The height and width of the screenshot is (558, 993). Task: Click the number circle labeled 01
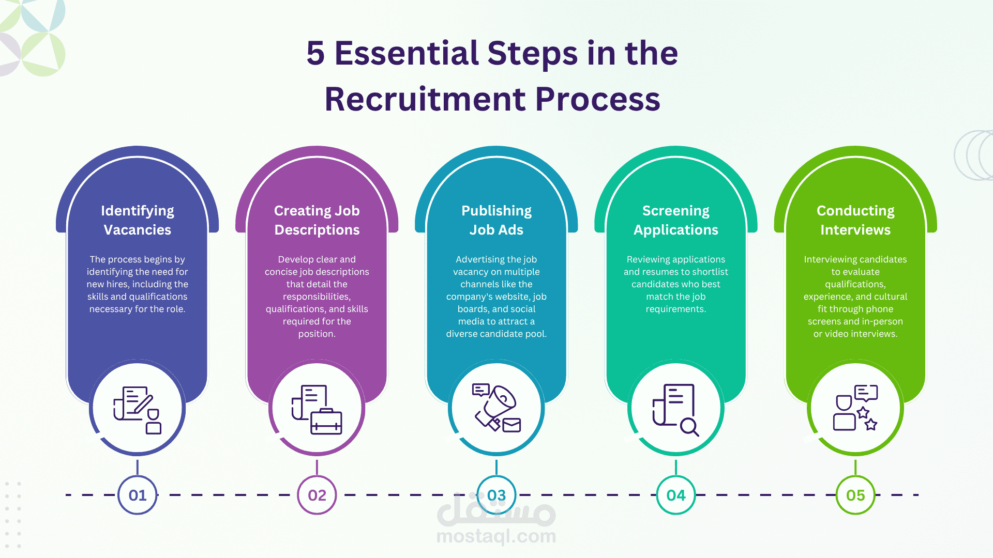tap(138, 495)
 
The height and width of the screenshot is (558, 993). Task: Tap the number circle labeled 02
tap(317, 495)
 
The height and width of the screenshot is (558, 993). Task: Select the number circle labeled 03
tap(496, 495)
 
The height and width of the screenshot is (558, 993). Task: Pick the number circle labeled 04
tap(676, 495)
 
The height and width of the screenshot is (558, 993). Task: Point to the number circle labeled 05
tap(855, 495)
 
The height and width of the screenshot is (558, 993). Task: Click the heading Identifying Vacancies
tap(138, 220)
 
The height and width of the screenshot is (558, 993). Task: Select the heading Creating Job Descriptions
tap(317, 220)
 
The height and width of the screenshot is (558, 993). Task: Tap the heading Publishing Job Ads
tap(496, 220)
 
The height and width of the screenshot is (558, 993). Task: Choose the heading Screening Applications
tap(676, 220)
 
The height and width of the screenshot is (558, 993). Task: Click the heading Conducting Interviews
tap(855, 220)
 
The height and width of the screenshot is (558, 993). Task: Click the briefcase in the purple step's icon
tap(326, 422)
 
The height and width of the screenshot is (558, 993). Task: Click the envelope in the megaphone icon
tap(511, 425)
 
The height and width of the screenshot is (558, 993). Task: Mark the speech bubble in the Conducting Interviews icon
tap(866, 392)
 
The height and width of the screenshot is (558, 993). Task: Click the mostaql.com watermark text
tap(496, 536)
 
